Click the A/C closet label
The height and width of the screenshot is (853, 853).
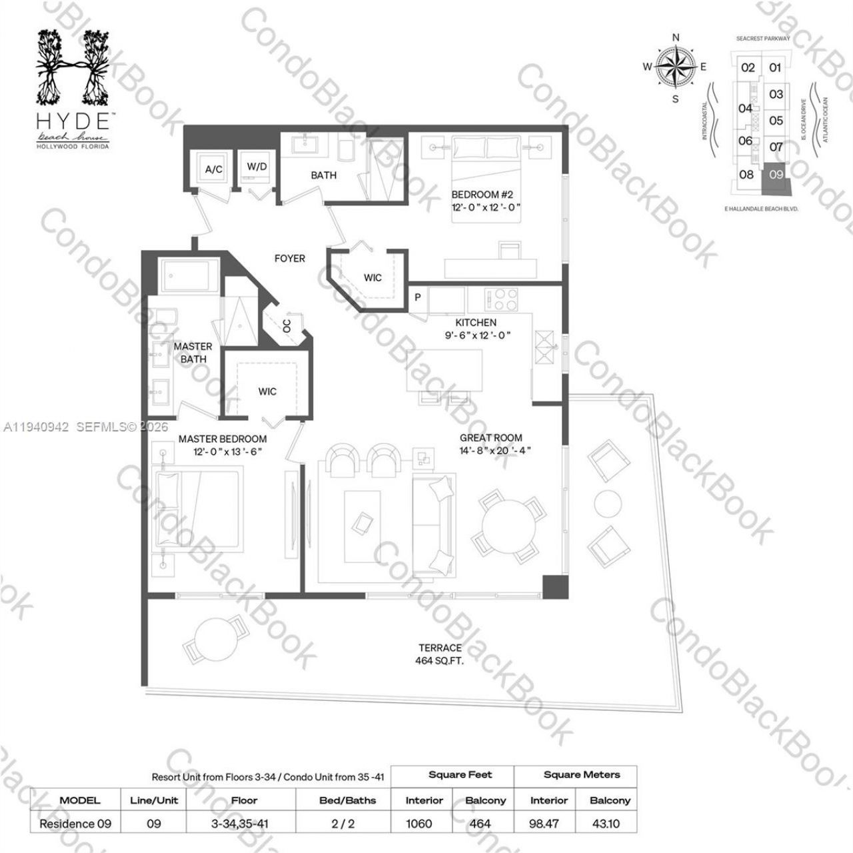[x=213, y=169]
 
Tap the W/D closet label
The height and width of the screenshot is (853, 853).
[x=257, y=166]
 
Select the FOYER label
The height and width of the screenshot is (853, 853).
[x=290, y=258]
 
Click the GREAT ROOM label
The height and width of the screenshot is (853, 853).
[x=490, y=438]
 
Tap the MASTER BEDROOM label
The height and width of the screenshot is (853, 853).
[x=222, y=439]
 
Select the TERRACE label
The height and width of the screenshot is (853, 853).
[x=440, y=648]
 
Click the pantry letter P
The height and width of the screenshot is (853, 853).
[x=418, y=297]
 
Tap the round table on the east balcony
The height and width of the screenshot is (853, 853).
[x=608, y=503]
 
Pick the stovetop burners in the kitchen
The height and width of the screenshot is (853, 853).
[x=497, y=296]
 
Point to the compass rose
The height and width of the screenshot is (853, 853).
[x=676, y=66]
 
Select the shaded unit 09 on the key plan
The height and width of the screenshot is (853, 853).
[x=776, y=176]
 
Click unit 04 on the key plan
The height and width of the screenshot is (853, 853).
[x=745, y=108]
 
